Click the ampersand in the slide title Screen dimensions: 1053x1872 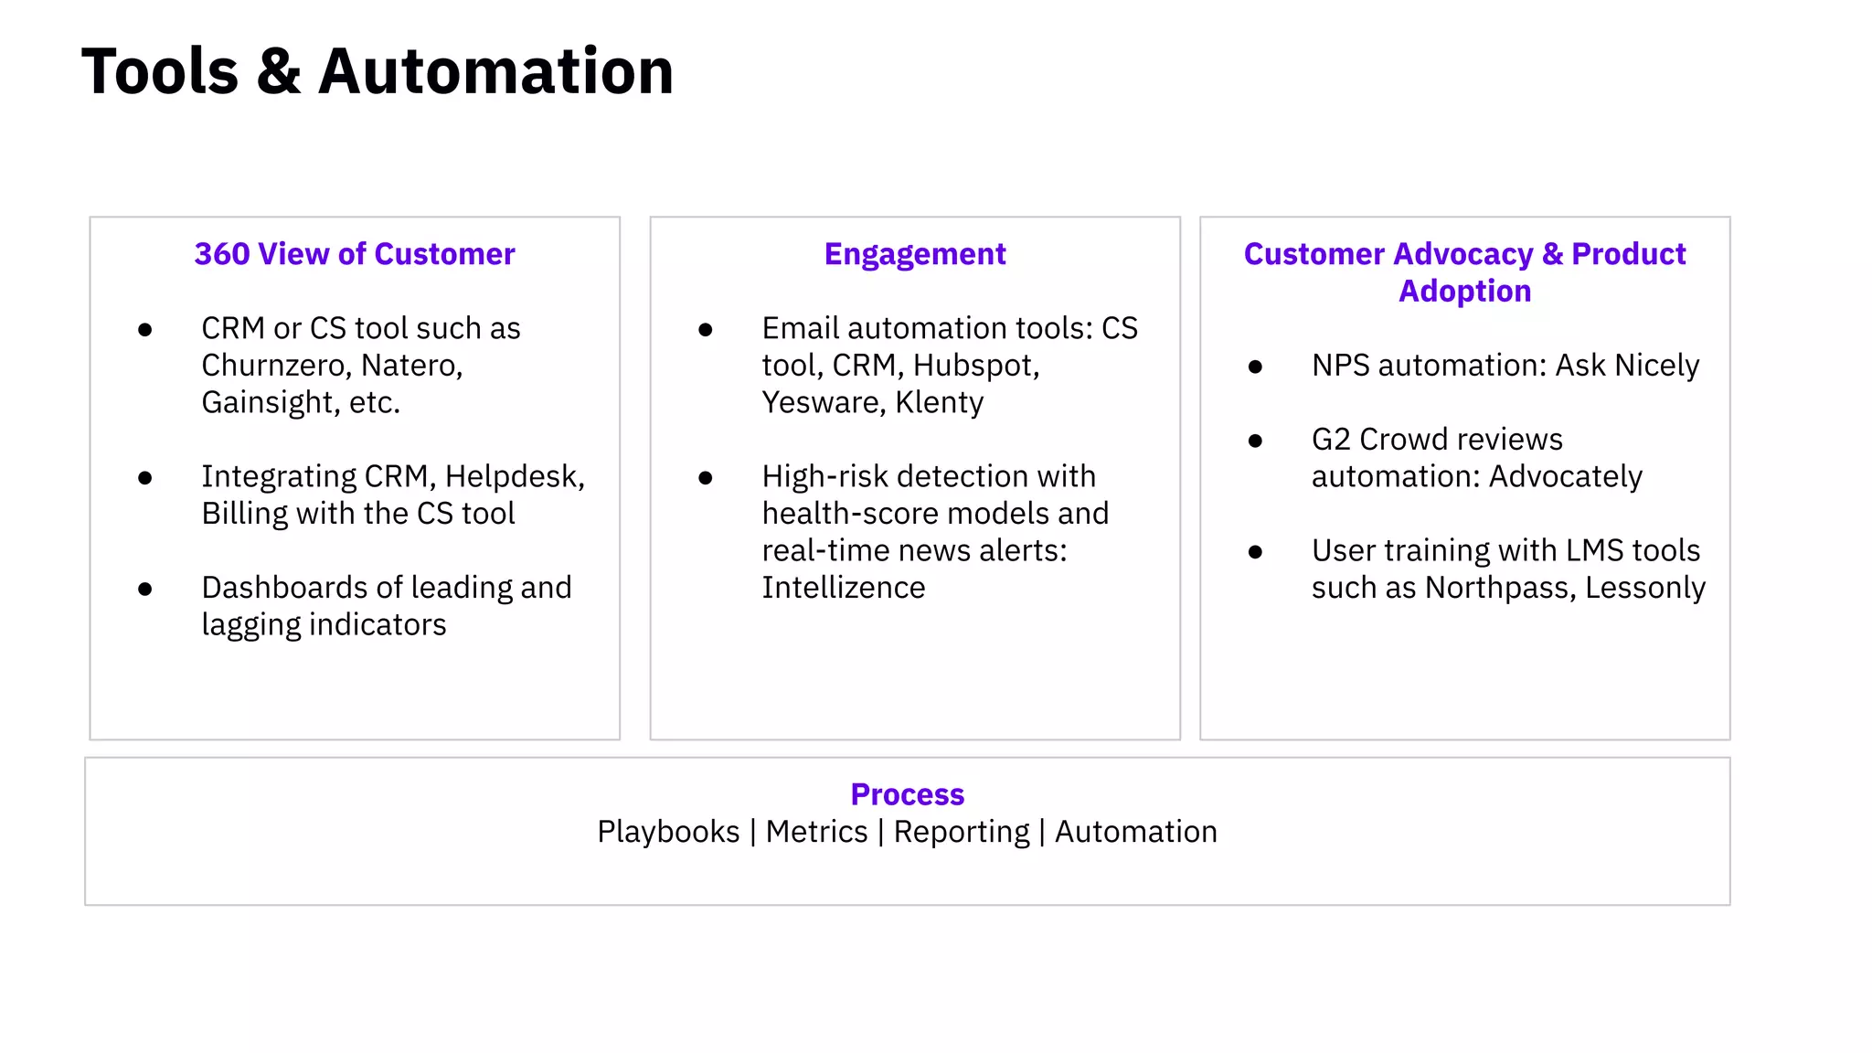[279, 72]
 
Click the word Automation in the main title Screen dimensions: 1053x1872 [495, 72]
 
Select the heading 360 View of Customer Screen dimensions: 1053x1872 [355, 254]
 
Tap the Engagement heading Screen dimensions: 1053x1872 [915, 254]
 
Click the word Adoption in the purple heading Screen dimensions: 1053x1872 [1464, 291]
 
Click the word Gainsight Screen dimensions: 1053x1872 [269, 402]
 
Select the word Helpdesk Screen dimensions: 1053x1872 [512, 476]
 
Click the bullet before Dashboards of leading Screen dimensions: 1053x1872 [145, 590]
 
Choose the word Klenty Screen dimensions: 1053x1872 [940, 402]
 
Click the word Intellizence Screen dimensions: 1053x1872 [844, 588]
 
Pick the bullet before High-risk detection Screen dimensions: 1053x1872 [706, 478]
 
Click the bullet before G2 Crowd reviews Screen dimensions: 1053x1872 [1255, 441]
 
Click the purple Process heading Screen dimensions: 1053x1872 [907, 794]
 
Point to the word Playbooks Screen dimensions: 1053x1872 [668, 832]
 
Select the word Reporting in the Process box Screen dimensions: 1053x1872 [962, 832]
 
